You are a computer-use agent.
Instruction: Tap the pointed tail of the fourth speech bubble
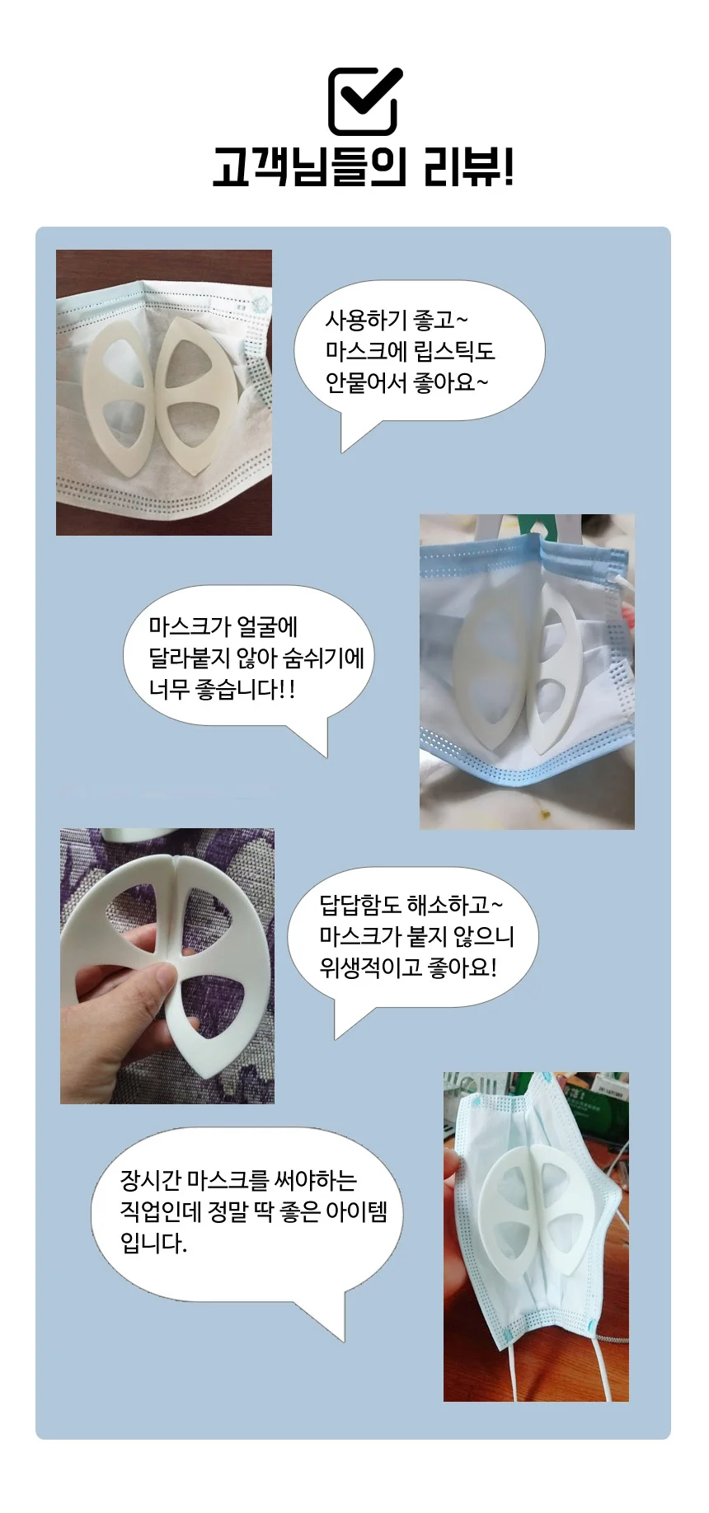click(326, 1319)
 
